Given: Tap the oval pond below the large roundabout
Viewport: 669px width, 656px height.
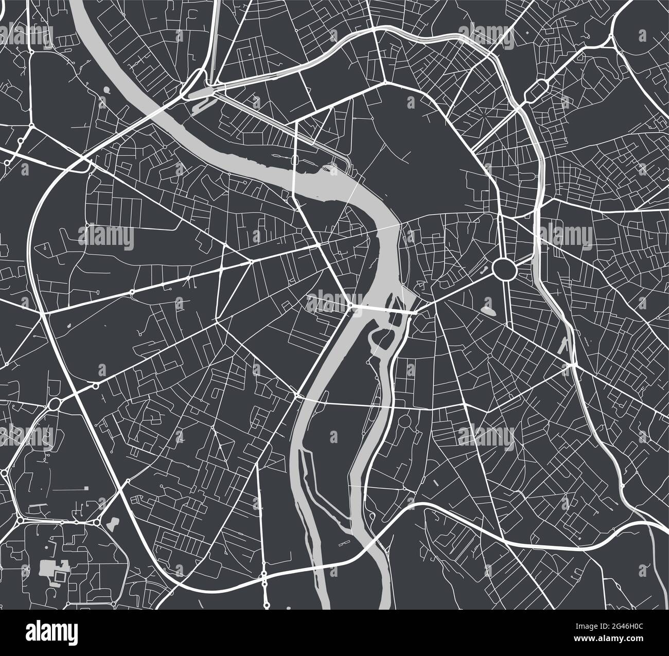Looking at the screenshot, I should point(488,310).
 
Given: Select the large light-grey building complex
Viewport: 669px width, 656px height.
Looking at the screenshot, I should point(50,569).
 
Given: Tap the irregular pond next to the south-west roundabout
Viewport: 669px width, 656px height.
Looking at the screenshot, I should point(112,524).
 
